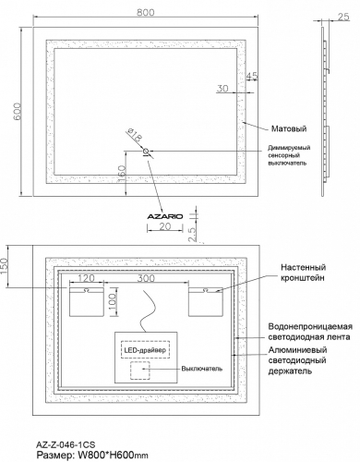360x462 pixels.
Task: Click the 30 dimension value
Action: pyautogui.click(x=222, y=89)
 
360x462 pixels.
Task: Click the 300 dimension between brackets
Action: pyautogui.click(x=146, y=278)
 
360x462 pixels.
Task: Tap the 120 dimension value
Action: pyautogui.click(x=87, y=278)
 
